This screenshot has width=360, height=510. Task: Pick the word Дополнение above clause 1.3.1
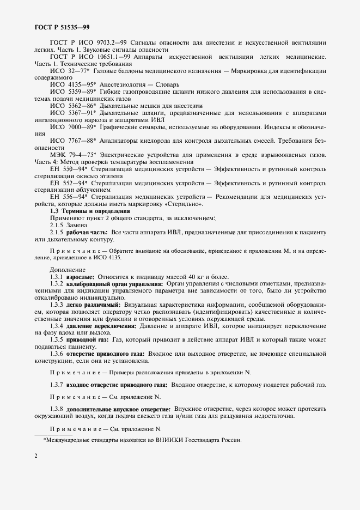pos(68,270)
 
